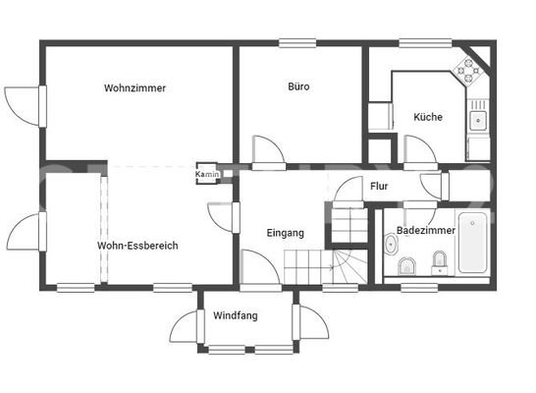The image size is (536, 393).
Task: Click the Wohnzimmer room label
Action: click(x=134, y=88)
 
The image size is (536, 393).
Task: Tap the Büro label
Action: click(x=298, y=87)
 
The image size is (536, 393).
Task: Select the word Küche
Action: click(x=428, y=117)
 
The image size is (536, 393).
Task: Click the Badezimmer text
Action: click(x=425, y=231)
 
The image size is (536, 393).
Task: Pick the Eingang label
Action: click(x=286, y=233)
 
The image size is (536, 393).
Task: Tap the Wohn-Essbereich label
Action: click(x=137, y=246)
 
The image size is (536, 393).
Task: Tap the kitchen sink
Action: click(x=477, y=120)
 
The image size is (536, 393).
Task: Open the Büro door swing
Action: click(x=267, y=149)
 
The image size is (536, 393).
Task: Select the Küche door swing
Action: click(x=420, y=150)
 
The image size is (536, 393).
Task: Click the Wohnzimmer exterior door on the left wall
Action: click(x=26, y=102)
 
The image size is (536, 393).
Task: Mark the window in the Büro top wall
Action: click(x=297, y=41)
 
